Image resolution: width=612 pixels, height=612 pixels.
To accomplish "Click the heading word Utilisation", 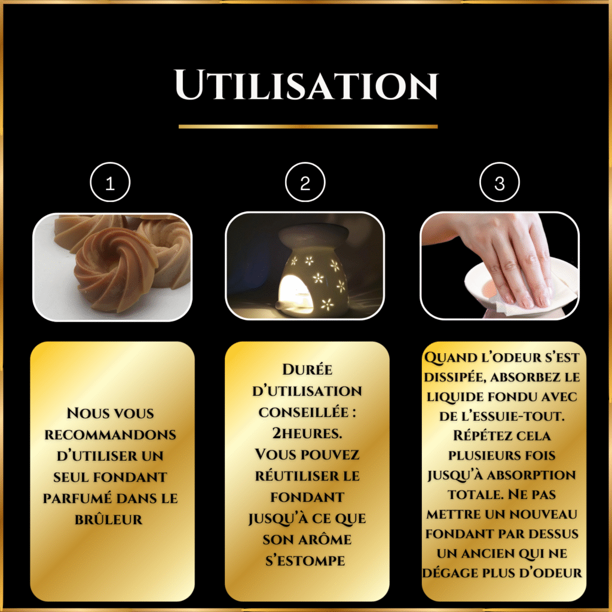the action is (307, 85).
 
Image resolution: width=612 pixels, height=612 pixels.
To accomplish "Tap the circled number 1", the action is (110, 182).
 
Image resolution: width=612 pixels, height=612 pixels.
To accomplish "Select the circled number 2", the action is (305, 182).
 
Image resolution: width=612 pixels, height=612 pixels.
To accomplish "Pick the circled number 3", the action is (500, 182).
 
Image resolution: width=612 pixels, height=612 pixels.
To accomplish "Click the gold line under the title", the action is (308, 127).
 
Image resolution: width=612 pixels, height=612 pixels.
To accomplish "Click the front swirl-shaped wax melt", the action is (115, 270).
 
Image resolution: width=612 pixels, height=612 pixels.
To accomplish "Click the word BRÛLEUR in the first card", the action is (109, 519).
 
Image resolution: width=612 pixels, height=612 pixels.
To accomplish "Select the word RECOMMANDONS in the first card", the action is (111, 434).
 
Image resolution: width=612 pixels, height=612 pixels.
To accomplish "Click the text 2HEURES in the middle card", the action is (307, 433).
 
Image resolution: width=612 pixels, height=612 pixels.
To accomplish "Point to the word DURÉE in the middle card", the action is (308, 369).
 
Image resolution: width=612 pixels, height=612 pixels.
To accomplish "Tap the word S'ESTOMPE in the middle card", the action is (305, 561).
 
